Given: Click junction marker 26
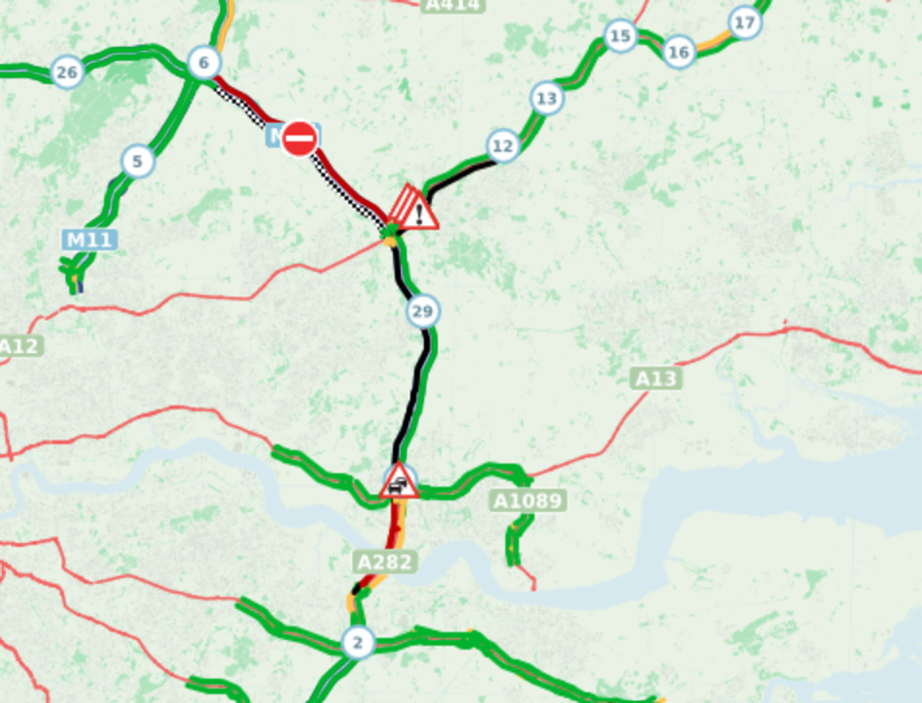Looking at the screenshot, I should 66,72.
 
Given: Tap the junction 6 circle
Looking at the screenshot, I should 203,63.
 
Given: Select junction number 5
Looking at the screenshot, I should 137,162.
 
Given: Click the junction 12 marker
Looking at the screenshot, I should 503,146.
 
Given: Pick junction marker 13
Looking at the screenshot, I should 547,98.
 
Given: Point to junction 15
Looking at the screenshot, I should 620,37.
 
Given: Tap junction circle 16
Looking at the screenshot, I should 678,52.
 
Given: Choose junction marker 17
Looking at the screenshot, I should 744,23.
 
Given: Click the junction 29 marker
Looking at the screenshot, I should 423,311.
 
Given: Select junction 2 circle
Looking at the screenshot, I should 357,643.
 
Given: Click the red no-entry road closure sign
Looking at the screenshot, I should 299,139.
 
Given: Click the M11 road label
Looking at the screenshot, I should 90,239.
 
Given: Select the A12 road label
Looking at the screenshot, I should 19,346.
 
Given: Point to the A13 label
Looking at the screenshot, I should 656,378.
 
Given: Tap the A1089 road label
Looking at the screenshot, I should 529,501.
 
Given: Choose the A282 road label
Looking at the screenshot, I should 386,562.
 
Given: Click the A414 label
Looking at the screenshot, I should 453,5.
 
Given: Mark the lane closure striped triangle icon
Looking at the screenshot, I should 402,203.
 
